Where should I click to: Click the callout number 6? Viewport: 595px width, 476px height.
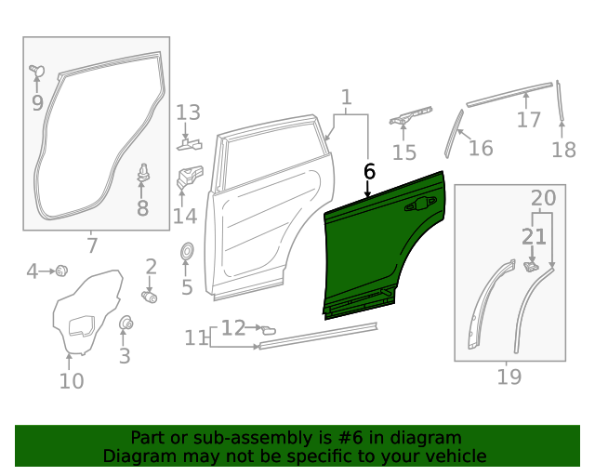click(x=369, y=171)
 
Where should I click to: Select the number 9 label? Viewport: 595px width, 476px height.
click(x=37, y=102)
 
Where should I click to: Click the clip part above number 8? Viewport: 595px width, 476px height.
click(x=144, y=173)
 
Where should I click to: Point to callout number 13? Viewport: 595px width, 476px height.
click(x=188, y=113)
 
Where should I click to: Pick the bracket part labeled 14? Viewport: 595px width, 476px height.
click(x=191, y=177)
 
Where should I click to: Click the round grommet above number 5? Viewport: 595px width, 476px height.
click(x=186, y=251)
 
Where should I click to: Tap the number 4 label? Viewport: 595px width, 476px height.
click(x=33, y=271)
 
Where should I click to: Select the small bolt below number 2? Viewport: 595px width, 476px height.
click(x=149, y=297)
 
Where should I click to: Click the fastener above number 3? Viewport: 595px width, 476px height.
click(x=125, y=324)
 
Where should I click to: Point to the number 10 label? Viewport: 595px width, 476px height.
click(x=72, y=380)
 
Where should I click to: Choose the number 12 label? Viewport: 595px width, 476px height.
click(x=232, y=327)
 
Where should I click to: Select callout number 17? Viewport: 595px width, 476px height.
click(x=528, y=120)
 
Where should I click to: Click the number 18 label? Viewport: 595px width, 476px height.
click(x=563, y=150)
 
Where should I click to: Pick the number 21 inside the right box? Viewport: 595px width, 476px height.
click(x=534, y=237)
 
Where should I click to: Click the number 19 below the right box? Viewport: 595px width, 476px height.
click(x=509, y=377)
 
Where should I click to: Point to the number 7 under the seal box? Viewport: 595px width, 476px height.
click(x=91, y=245)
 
